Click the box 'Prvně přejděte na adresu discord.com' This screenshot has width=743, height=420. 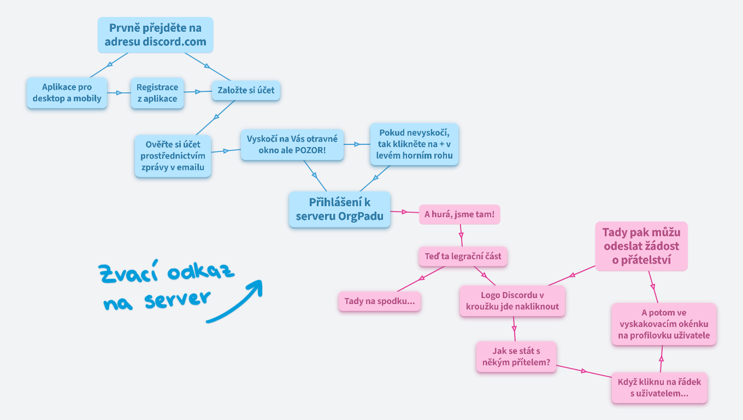(x=155, y=35)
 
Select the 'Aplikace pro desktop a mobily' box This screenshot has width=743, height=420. (x=67, y=93)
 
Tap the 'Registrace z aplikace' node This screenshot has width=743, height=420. (x=157, y=93)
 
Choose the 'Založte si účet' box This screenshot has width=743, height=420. (x=246, y=90)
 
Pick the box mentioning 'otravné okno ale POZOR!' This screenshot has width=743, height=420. (x=292, y=144)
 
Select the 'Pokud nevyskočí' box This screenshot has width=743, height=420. (x=414, y=144)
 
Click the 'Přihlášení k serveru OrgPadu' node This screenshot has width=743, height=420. (x=339, y=209)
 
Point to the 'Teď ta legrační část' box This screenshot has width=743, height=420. (x=463, y=256)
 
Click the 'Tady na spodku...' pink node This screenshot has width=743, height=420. (x=379, y=301)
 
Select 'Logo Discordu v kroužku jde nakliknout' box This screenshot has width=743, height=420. (x=512, y=301)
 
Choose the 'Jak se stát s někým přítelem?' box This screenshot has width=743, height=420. (x=516, y=357)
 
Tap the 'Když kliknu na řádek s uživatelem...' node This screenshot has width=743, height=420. (x=659, y=388)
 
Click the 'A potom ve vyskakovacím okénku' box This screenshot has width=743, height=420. (x=663, y=324)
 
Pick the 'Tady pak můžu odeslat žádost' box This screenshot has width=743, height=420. (x=641, y=246)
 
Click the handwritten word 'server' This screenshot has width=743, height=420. (x=178, y=299)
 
